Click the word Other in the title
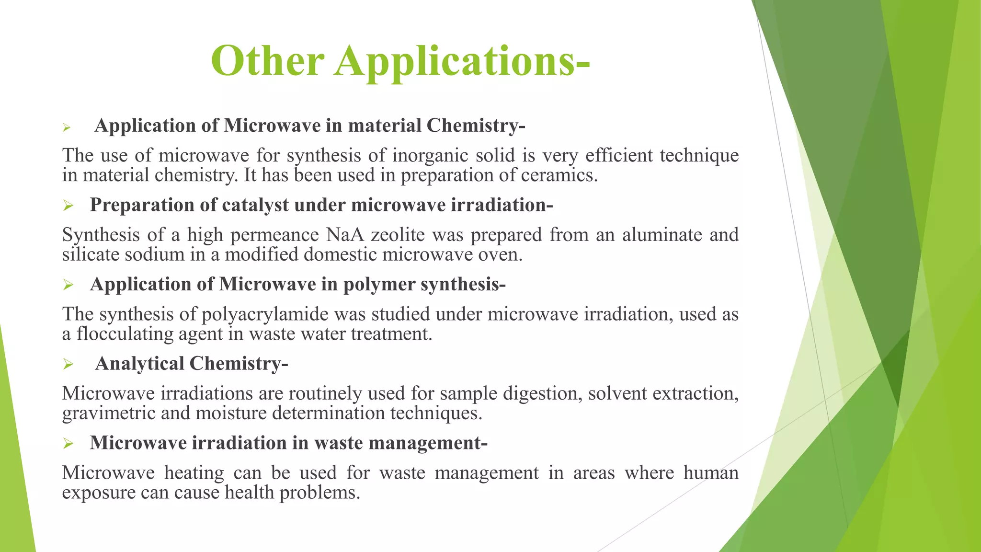coord(267,61)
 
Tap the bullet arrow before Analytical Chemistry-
coord(68,365)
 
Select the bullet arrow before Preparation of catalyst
coord(68,206)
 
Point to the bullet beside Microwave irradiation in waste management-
coord(68,444)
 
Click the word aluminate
coord(662,235)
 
